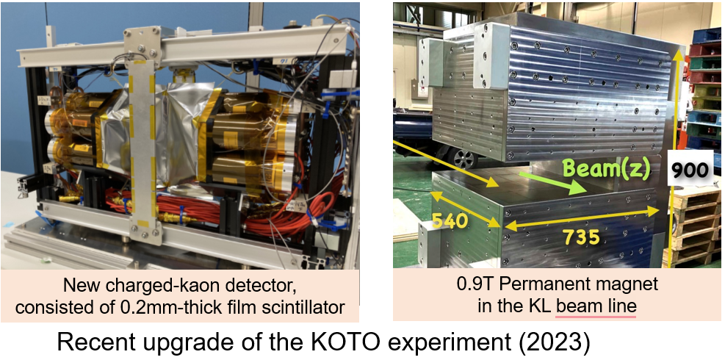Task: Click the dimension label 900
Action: pyautogui.click(x=690, y=170)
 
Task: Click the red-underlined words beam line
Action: pyautogui.click(x=596, y=306)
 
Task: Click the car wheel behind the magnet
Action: pyautogui.click(x=464, y=159)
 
